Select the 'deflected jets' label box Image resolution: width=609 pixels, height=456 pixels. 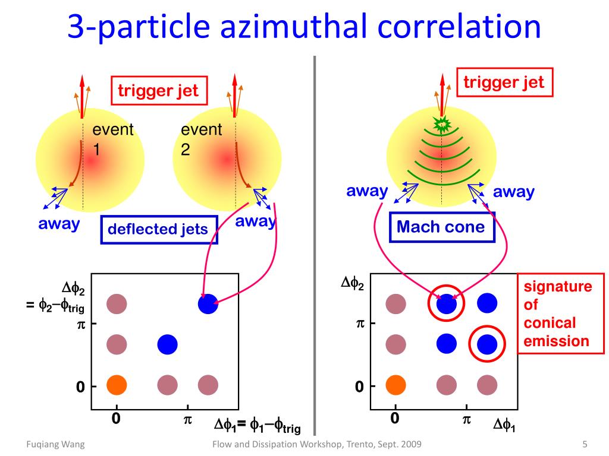[158, 229]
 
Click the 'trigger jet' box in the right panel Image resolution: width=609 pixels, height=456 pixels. [504, 82]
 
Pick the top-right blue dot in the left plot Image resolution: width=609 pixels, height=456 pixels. [208, 304]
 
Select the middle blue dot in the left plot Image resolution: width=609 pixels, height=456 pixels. [167, 343]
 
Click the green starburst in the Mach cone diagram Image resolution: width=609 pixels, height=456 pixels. [442, 125]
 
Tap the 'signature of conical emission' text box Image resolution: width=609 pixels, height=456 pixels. [557, 313]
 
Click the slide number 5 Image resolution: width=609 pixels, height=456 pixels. [585, 444]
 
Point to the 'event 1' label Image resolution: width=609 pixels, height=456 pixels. [112, 139]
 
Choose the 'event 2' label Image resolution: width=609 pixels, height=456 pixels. [201, 139]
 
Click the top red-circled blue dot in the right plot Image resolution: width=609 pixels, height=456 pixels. [446, 303]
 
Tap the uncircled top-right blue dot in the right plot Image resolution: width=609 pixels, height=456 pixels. [487, 303]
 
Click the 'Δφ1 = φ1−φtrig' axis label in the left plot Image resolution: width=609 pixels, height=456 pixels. [257, 426]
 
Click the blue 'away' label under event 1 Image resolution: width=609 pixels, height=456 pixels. [59, 224]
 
